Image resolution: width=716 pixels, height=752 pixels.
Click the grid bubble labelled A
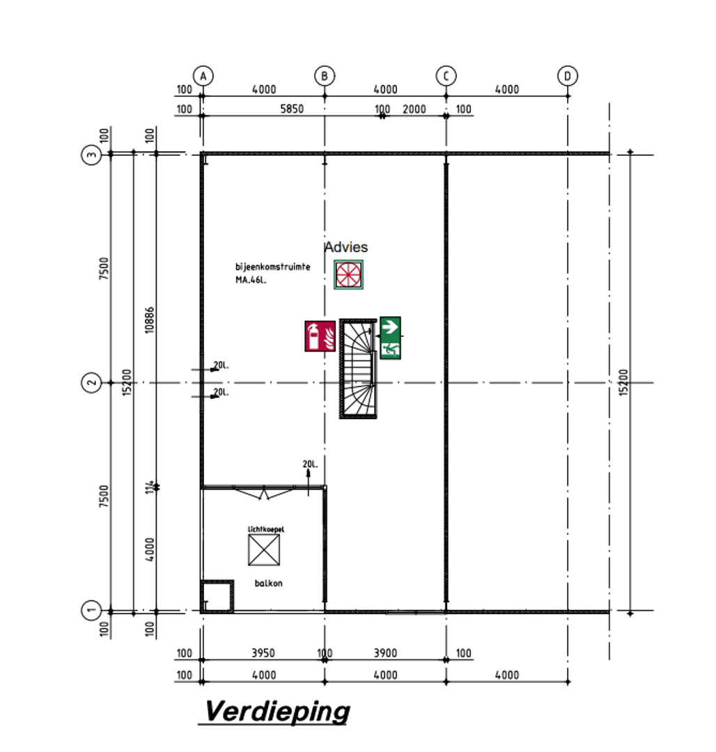[203, 75]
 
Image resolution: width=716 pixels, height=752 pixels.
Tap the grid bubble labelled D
[568, 75]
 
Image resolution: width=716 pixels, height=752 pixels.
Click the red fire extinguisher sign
[320, 336]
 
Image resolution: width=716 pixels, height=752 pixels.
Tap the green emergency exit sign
[390, 338]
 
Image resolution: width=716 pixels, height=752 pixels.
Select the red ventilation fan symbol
[348, 274]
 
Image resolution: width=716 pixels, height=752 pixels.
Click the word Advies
[346, 247]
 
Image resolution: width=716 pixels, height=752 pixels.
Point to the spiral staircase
[358, 368]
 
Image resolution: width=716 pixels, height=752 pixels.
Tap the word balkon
[268, 583]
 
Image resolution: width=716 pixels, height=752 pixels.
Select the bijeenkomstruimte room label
[272, 267]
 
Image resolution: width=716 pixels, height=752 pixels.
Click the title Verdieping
[277, 712]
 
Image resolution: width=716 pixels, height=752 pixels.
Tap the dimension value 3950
[263, 653]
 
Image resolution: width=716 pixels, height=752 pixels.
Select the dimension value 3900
[385, 653]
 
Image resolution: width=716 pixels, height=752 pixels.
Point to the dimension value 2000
[414, 109]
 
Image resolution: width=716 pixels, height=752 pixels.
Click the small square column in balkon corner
[217, 597]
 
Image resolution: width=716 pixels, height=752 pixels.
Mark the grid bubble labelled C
[446, 75]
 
